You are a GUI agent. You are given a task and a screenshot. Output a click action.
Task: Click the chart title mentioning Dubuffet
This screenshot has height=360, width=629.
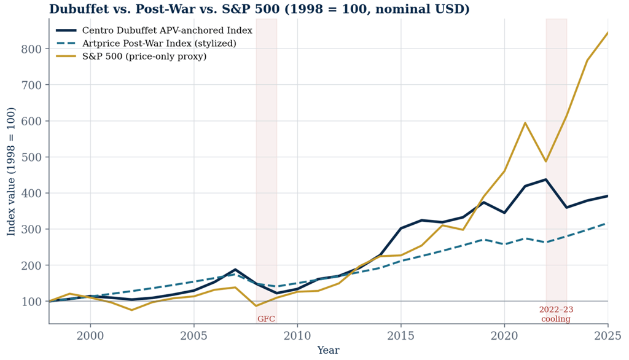point(259,9)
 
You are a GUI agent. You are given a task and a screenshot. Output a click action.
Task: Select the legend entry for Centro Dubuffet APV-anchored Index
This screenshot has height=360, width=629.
point(154,31)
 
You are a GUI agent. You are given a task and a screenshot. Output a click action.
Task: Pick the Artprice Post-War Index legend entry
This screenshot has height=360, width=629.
point(146,44)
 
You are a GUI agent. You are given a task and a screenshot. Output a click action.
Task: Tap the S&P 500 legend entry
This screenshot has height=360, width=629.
point(131,56)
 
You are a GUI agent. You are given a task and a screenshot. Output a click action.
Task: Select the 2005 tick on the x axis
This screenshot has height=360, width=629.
point(193,335)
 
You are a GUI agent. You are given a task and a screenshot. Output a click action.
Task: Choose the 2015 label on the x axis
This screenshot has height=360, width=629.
point(400,335)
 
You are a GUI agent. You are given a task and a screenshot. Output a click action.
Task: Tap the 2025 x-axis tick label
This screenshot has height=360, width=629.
point(608,335)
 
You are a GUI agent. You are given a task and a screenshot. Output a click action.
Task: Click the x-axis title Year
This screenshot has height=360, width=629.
point(328,350)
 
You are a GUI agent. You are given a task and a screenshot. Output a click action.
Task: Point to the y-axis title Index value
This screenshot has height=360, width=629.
point(11,171)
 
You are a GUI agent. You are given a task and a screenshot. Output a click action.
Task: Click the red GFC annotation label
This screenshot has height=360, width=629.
point(267,319)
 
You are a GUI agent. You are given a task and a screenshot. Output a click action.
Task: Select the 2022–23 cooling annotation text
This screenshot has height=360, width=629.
point(556,315)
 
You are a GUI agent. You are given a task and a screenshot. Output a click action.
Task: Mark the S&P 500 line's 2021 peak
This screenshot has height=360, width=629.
point(525,123)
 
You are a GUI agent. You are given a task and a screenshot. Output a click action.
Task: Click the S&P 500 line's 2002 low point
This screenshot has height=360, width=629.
point(131,310)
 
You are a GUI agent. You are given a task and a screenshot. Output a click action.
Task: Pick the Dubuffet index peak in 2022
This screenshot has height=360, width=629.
point(545,179)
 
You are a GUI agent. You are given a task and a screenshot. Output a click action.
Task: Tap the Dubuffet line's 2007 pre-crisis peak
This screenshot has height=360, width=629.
point(235,269)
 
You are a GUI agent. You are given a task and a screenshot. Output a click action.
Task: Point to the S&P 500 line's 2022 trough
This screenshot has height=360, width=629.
point(545,162)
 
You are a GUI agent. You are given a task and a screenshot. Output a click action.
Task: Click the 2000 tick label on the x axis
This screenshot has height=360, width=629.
point(90,335)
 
